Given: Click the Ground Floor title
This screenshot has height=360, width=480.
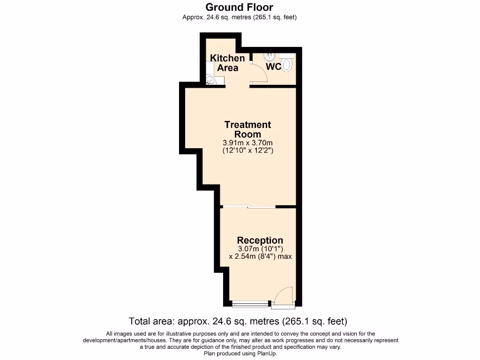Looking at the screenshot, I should coord(240,7).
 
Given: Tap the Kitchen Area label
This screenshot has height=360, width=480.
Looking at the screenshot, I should coord(227,63).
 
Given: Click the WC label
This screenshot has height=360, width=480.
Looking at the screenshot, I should coord(274,67).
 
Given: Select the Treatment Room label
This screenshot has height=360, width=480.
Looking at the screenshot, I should coord(247,129).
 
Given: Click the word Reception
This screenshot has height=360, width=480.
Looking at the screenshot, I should coord(260,240).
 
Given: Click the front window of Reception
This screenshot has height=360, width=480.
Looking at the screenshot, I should coord(250,305).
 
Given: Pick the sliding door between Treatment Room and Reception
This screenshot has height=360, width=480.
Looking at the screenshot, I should coord(248,207).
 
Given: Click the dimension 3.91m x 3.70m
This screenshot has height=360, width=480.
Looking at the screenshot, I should coord(247,142).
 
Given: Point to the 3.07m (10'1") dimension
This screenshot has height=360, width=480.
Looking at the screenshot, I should coord(260,249).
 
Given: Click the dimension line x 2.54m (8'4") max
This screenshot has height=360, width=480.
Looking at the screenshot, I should coord(260,256).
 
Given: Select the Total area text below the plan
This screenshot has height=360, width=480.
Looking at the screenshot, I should coord(238,322).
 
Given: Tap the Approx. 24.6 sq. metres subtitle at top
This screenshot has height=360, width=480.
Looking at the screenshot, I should coord(240,17).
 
